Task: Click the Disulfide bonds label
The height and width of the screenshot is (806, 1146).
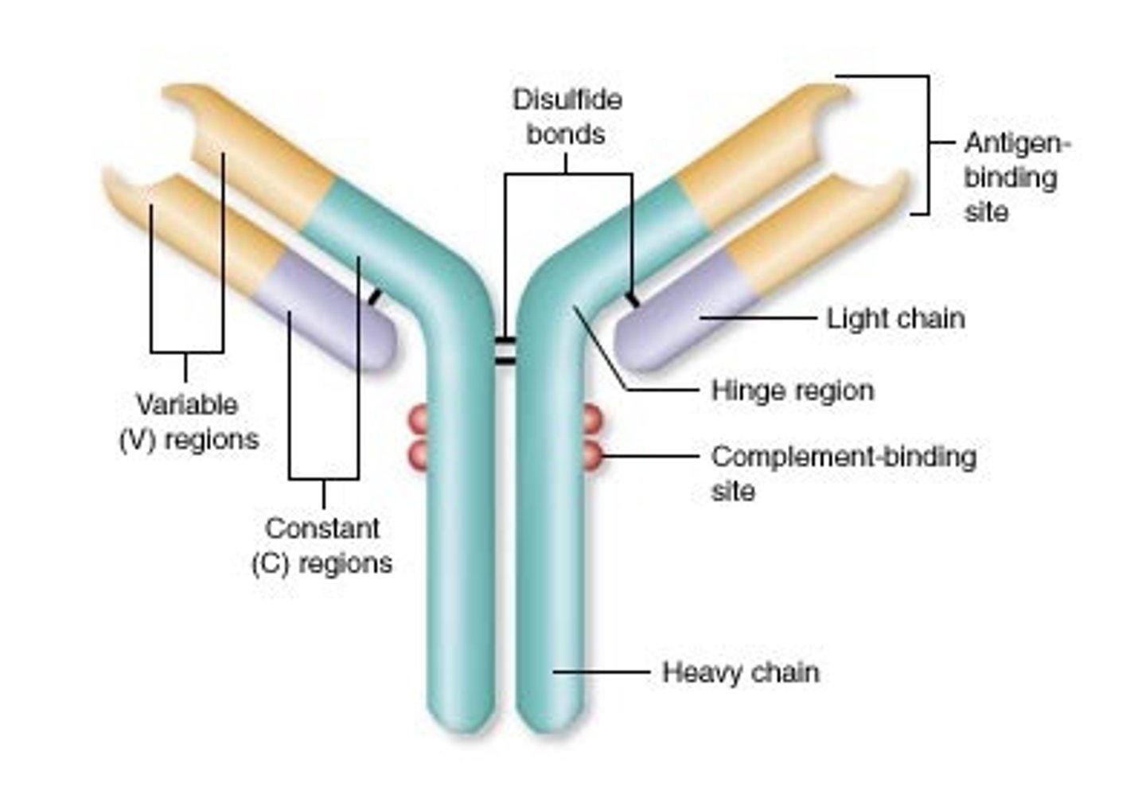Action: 567,117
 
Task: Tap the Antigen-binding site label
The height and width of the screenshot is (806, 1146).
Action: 1016,177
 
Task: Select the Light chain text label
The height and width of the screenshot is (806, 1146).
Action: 895,318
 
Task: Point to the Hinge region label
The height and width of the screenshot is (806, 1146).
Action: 792,391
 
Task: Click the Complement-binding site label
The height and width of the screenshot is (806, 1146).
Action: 842,473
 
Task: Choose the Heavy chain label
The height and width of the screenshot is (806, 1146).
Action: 740,672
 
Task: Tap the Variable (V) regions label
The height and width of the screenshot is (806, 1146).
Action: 189,422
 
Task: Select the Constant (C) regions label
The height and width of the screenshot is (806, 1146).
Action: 322,546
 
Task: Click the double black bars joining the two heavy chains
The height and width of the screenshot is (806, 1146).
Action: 505,351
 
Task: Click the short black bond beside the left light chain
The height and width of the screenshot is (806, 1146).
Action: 373,298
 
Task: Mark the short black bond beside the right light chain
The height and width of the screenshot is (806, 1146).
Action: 633,300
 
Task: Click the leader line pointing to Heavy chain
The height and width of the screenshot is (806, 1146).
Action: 601,672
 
